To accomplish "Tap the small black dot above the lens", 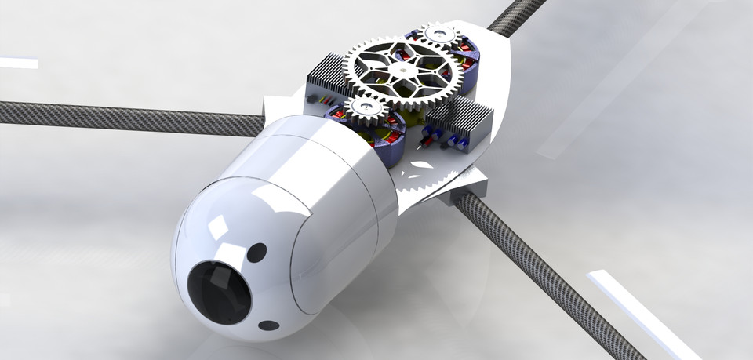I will click(x=256, y=253).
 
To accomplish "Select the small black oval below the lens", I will click(x=268, y=325).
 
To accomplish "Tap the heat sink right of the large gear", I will click(x=463, y=118).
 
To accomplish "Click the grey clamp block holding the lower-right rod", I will click(x=471, y=189).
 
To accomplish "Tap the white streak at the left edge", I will click(x=17, y=63).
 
